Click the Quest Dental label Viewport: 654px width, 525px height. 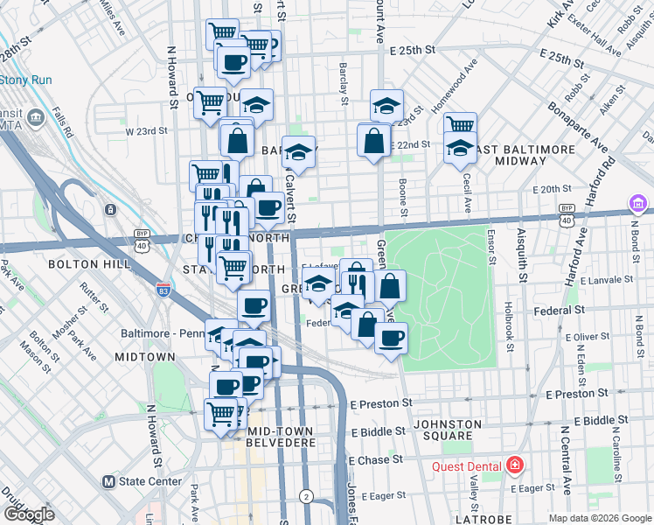[468, 465]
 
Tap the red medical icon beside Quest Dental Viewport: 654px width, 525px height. [516, 465]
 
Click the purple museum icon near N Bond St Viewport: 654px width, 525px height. [639, 206]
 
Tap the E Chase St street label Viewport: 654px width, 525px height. [376, 459]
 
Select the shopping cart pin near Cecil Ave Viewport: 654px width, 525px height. [459, 125]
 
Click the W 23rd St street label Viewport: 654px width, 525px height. [146, 131]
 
